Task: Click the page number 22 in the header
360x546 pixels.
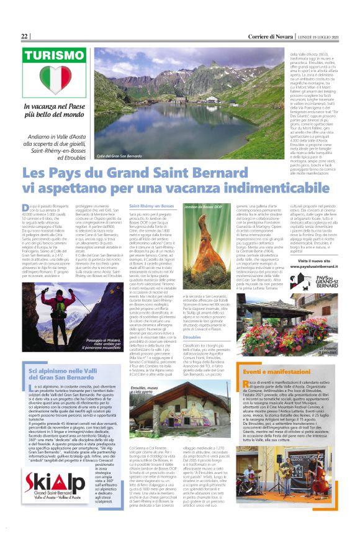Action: click(x=24, y=36)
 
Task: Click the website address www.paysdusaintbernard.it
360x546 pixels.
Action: click(x=315, y=248)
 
